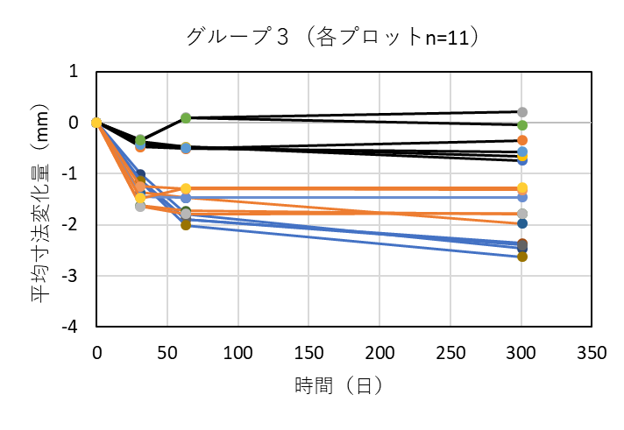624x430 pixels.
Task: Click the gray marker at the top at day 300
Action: [522, 112]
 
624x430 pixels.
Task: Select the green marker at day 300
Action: [522, 125]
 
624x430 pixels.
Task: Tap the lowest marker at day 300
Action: [522, 257]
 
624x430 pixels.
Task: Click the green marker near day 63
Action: [186, 117]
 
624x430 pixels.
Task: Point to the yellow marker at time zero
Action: [96, 123]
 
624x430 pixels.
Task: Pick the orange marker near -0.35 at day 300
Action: [522, 140]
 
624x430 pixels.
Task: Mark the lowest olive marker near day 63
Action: [186, 225]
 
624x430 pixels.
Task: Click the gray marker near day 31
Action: [140, 207]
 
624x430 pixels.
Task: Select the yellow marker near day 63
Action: [186, 188]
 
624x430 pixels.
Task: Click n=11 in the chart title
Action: [444, 37]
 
